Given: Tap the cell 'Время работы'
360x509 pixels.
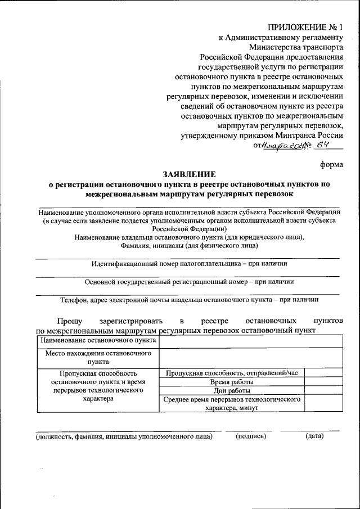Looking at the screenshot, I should click(x=232, y=381).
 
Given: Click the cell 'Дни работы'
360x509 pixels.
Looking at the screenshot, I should click(x=232, y=390).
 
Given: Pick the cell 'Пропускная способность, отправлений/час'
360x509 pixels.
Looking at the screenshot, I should click(x=232, y=372).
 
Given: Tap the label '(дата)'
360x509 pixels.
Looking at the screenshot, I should click(x=314, y=436).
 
